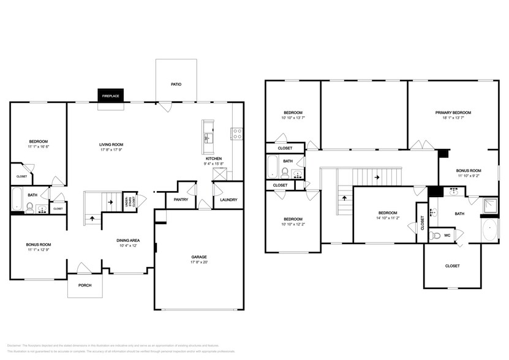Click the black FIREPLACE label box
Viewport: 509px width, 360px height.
(x=111, y=96)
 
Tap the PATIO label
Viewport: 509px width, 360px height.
(x=176, y=84)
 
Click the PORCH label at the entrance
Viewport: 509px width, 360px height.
(x=85, y=285)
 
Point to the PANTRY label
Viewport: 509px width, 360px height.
(x=181, y=199)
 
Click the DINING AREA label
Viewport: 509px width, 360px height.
(x=129, y=240)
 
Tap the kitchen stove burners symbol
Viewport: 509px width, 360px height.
(x=236, y=133)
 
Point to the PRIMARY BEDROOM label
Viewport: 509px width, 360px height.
(x=453, y=113)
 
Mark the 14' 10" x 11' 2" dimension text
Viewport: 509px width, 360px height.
(x=388, y=217)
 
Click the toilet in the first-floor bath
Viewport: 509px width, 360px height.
(x=29, y=207)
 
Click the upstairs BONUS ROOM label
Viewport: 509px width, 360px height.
(x=469, y=170)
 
